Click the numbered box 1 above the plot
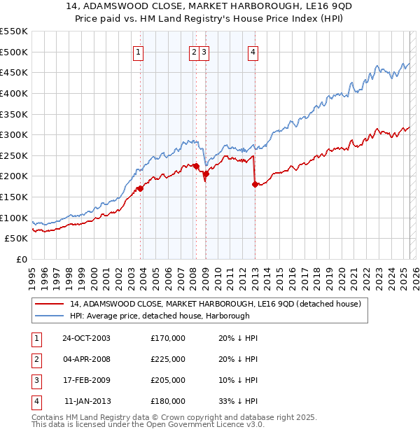[x=138, y=51]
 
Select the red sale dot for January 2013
[x=254, y=184]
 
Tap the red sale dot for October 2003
[x=140, y=188]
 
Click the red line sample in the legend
[x=49, y=304]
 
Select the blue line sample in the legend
[x=49, y=316]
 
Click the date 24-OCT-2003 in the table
[x=86, y=338]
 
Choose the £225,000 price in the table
[x=168, y=359]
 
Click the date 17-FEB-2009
[x=86, y=380]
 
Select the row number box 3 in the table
[x=36, y=380]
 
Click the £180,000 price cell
[x=168, y=401]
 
